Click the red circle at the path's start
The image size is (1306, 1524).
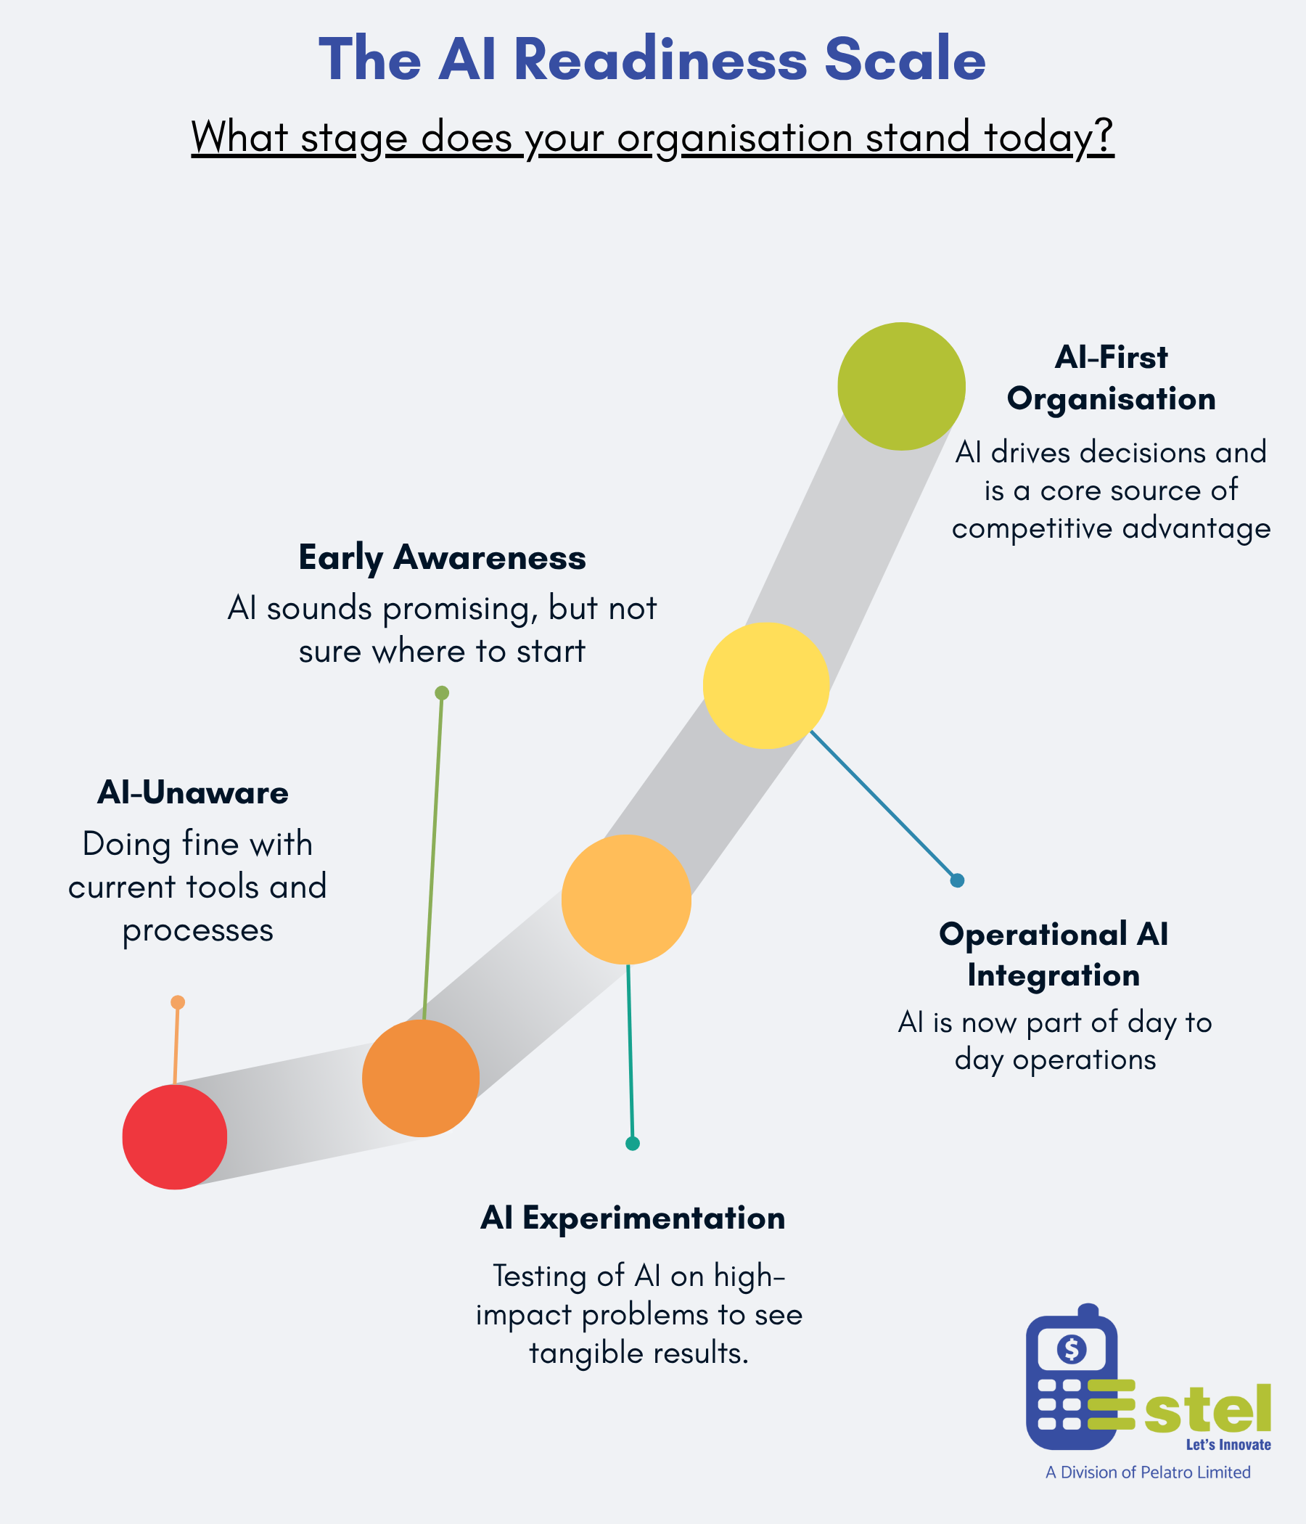point(174,1136)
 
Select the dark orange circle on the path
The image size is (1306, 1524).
point(421,1078)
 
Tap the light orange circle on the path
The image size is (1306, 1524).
point(625,899)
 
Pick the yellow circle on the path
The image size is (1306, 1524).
point(765,686)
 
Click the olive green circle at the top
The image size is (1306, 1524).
point(901,386)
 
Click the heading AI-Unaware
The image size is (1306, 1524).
point(193,793)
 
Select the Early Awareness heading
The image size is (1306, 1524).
point(442,557)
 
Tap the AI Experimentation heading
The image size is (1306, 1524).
point(633,1218)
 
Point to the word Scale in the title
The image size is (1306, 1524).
point(905,60)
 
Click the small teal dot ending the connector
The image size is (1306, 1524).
point(633,1143)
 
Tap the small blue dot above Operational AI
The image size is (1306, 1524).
point(957,880)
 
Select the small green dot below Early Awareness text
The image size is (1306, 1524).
point(442,693)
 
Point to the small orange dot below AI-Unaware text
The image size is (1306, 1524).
point(177,1001)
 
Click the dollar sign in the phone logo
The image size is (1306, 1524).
point(1072,1349)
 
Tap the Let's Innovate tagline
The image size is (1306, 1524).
point(1228,1445)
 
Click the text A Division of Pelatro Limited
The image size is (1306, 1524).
point(1148,1472)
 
